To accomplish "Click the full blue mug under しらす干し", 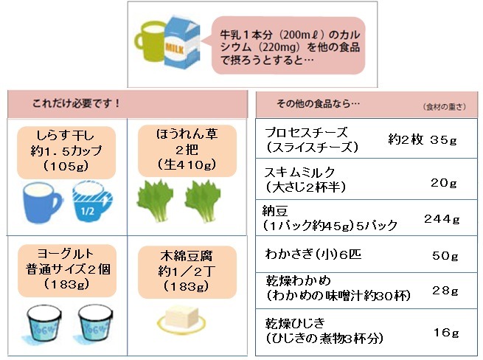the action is coord(42,202).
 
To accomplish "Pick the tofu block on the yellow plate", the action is coord(181,317).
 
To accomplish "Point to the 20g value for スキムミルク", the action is coord(444,183).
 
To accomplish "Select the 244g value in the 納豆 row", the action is coord(442,219).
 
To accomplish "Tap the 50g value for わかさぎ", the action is coord(445,255).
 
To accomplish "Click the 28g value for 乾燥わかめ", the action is coord(445,291).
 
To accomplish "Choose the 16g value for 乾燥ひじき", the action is coord(446,333).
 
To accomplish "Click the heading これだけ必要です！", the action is coord(76,103).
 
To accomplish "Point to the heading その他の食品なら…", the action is coord(319,103).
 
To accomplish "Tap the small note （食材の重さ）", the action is coord(445,107).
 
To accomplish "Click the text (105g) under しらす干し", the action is coord(66,167).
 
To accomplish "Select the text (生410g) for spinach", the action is coord(187,165).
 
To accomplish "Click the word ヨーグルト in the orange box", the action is coord(66,254).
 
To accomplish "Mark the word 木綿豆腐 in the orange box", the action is coord(187,256).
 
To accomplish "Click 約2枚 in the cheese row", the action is coord(406,140).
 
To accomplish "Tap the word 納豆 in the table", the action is coord(275,211).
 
